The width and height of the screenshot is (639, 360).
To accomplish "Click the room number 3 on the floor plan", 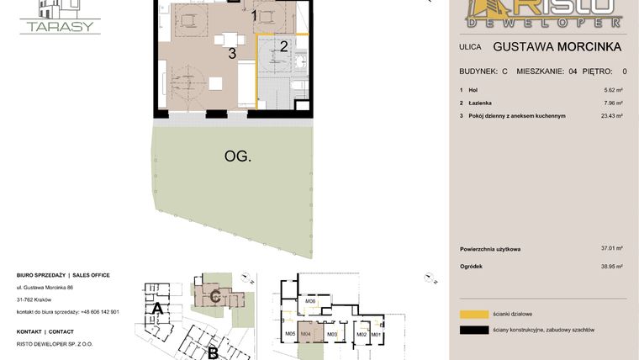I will click(x=230, y=54).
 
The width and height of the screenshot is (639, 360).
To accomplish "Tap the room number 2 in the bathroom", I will click(x=284, y=46).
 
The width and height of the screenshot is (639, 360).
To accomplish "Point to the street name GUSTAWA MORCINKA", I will click(x=557, y=47).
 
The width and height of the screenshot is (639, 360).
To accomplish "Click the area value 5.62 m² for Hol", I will click(x=613, y=90).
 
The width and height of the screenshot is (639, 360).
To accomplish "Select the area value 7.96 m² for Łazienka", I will click(x=613, y=103).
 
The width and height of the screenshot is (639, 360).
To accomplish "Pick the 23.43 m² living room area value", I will click(x=611, y=116).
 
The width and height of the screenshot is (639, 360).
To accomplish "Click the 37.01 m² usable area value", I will click(x=611, y=249).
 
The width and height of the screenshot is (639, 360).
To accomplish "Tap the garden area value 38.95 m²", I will click(x=611, y=267).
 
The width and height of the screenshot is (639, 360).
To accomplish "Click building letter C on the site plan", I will click(x=215, y=295).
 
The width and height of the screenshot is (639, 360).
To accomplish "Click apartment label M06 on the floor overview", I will click(x=310, y=301).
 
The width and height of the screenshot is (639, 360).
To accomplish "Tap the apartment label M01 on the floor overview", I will click(x=376, y=335).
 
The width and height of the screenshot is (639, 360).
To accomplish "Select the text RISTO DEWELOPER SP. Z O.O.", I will click(x=55, y=344).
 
